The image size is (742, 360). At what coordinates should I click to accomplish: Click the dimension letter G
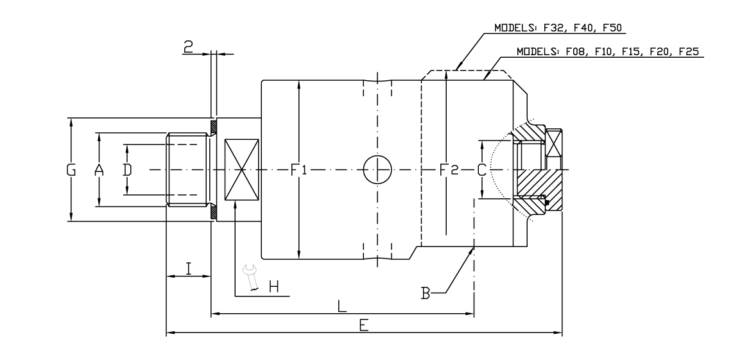[71, 170]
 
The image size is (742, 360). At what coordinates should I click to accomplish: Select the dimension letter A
[99, 170]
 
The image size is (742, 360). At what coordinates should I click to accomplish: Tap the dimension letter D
[127, 170]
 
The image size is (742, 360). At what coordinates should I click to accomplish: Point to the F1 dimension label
[299, 170]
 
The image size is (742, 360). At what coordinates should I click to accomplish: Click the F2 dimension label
[448, 170]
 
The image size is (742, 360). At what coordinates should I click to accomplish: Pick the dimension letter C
[481, 170]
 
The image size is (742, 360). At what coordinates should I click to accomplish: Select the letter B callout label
[425, 294]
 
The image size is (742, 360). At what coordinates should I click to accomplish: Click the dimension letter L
[342, 306]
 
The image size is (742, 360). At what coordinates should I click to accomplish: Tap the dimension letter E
[363, 325]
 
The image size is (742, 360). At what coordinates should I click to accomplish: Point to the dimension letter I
[189, 268]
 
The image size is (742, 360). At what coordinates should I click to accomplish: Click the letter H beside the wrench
[273, 287]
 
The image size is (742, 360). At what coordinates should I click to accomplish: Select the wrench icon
[251, 278]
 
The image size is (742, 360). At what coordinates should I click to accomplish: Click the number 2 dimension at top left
[188, 46]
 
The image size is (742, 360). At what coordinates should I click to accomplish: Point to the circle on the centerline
[377, 170]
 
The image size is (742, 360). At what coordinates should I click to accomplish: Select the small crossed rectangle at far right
[553, 141]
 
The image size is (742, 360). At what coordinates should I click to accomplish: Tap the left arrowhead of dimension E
[169, 333]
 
